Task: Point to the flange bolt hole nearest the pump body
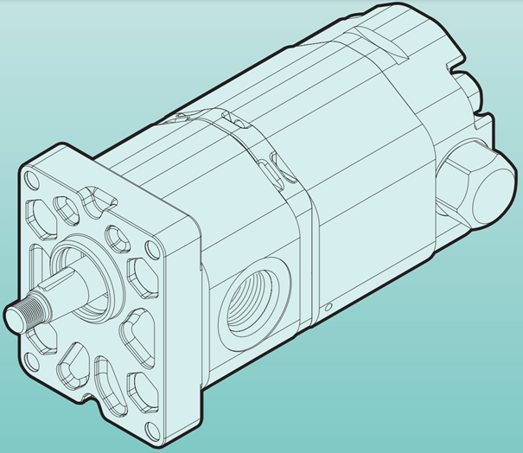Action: tap(152, 251)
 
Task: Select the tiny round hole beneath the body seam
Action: tap(329, 303)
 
